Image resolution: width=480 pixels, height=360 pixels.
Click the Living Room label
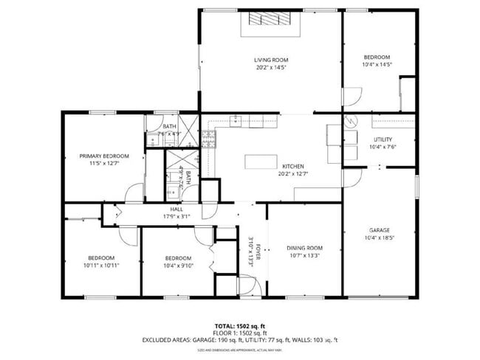point(270,60)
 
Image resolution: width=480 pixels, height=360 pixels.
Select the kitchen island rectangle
point(264,160)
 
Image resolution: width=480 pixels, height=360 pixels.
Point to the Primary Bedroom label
point(104,156)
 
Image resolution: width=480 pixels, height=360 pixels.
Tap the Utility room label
point(383,139)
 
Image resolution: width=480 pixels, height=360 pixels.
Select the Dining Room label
point(305,248)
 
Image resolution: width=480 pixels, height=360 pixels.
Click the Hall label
point(176,210)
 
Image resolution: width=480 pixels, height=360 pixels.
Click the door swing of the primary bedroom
point(134,193)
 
